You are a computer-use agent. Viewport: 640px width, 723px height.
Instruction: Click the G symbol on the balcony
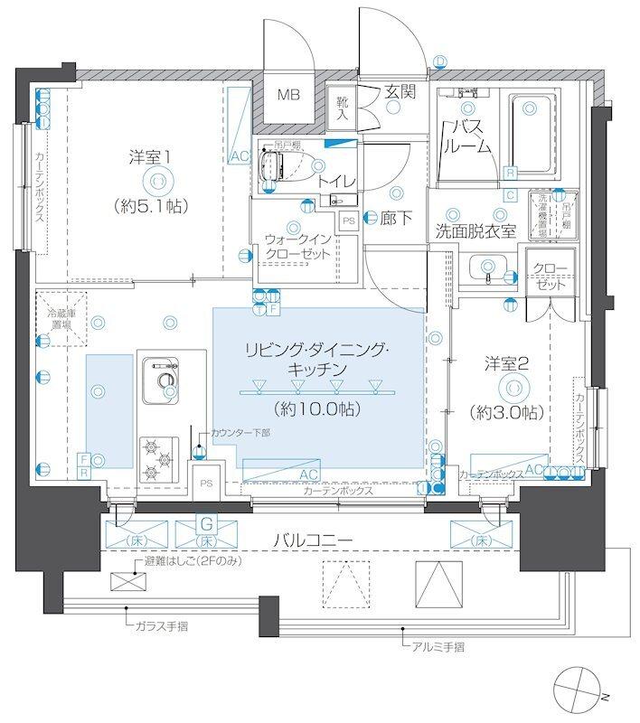point(206,522)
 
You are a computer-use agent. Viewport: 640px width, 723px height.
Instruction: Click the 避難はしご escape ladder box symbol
point(124,581)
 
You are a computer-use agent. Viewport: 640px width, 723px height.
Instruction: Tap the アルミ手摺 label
point(436,646)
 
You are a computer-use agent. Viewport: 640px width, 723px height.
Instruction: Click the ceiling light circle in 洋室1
point(157,181)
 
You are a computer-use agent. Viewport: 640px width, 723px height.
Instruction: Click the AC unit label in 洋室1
point(239,156)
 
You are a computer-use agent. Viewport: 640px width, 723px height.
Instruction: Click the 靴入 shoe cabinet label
point(343,109)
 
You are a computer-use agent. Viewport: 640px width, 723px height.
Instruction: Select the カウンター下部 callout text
point(240,433)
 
